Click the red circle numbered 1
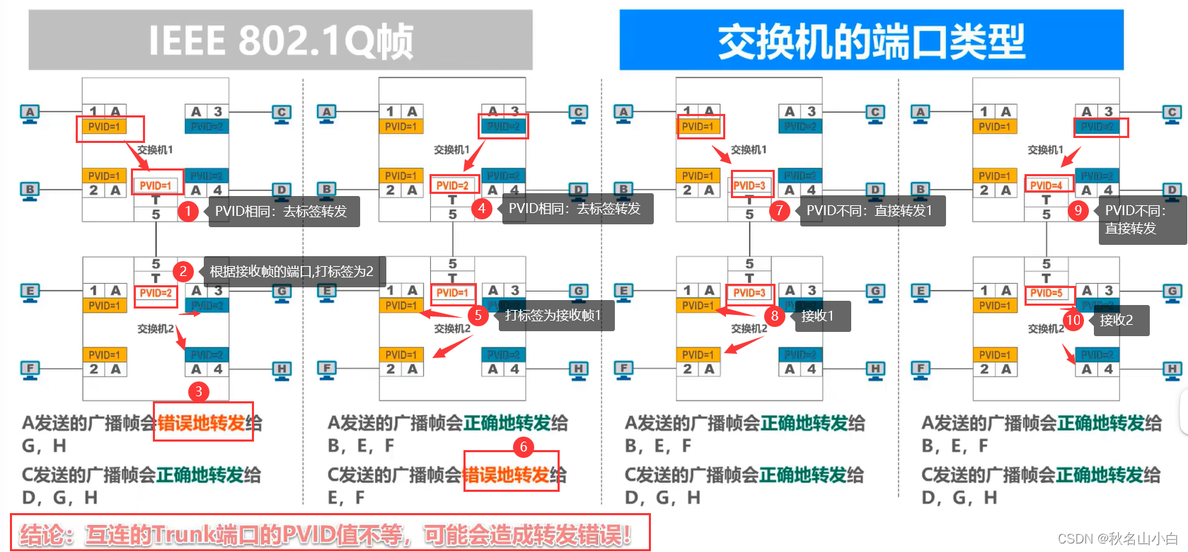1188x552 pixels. (188, 211)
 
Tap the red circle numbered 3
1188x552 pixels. (198, 391)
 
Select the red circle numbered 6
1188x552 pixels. (524, 447)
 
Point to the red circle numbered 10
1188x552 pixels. (1073, 320)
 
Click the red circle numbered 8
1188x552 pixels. (775, 316)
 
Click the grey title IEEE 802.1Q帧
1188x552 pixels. (280, 40)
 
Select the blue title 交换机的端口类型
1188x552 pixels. (871, 40)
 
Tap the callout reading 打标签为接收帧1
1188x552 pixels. (553, 316)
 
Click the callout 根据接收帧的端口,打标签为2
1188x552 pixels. (292, 271)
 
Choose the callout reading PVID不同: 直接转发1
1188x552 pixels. (870, 211)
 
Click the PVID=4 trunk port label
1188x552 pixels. (1046, 185)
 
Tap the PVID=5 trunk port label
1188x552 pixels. (1046, 292)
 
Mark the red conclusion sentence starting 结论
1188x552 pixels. (325, 534)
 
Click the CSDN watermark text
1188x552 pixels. (1117, 539)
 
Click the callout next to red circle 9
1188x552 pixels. (1139, 219)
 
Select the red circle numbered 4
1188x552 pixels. (482, 209)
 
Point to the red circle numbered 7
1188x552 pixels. (779, 210)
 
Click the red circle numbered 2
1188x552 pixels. (183, 271)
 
